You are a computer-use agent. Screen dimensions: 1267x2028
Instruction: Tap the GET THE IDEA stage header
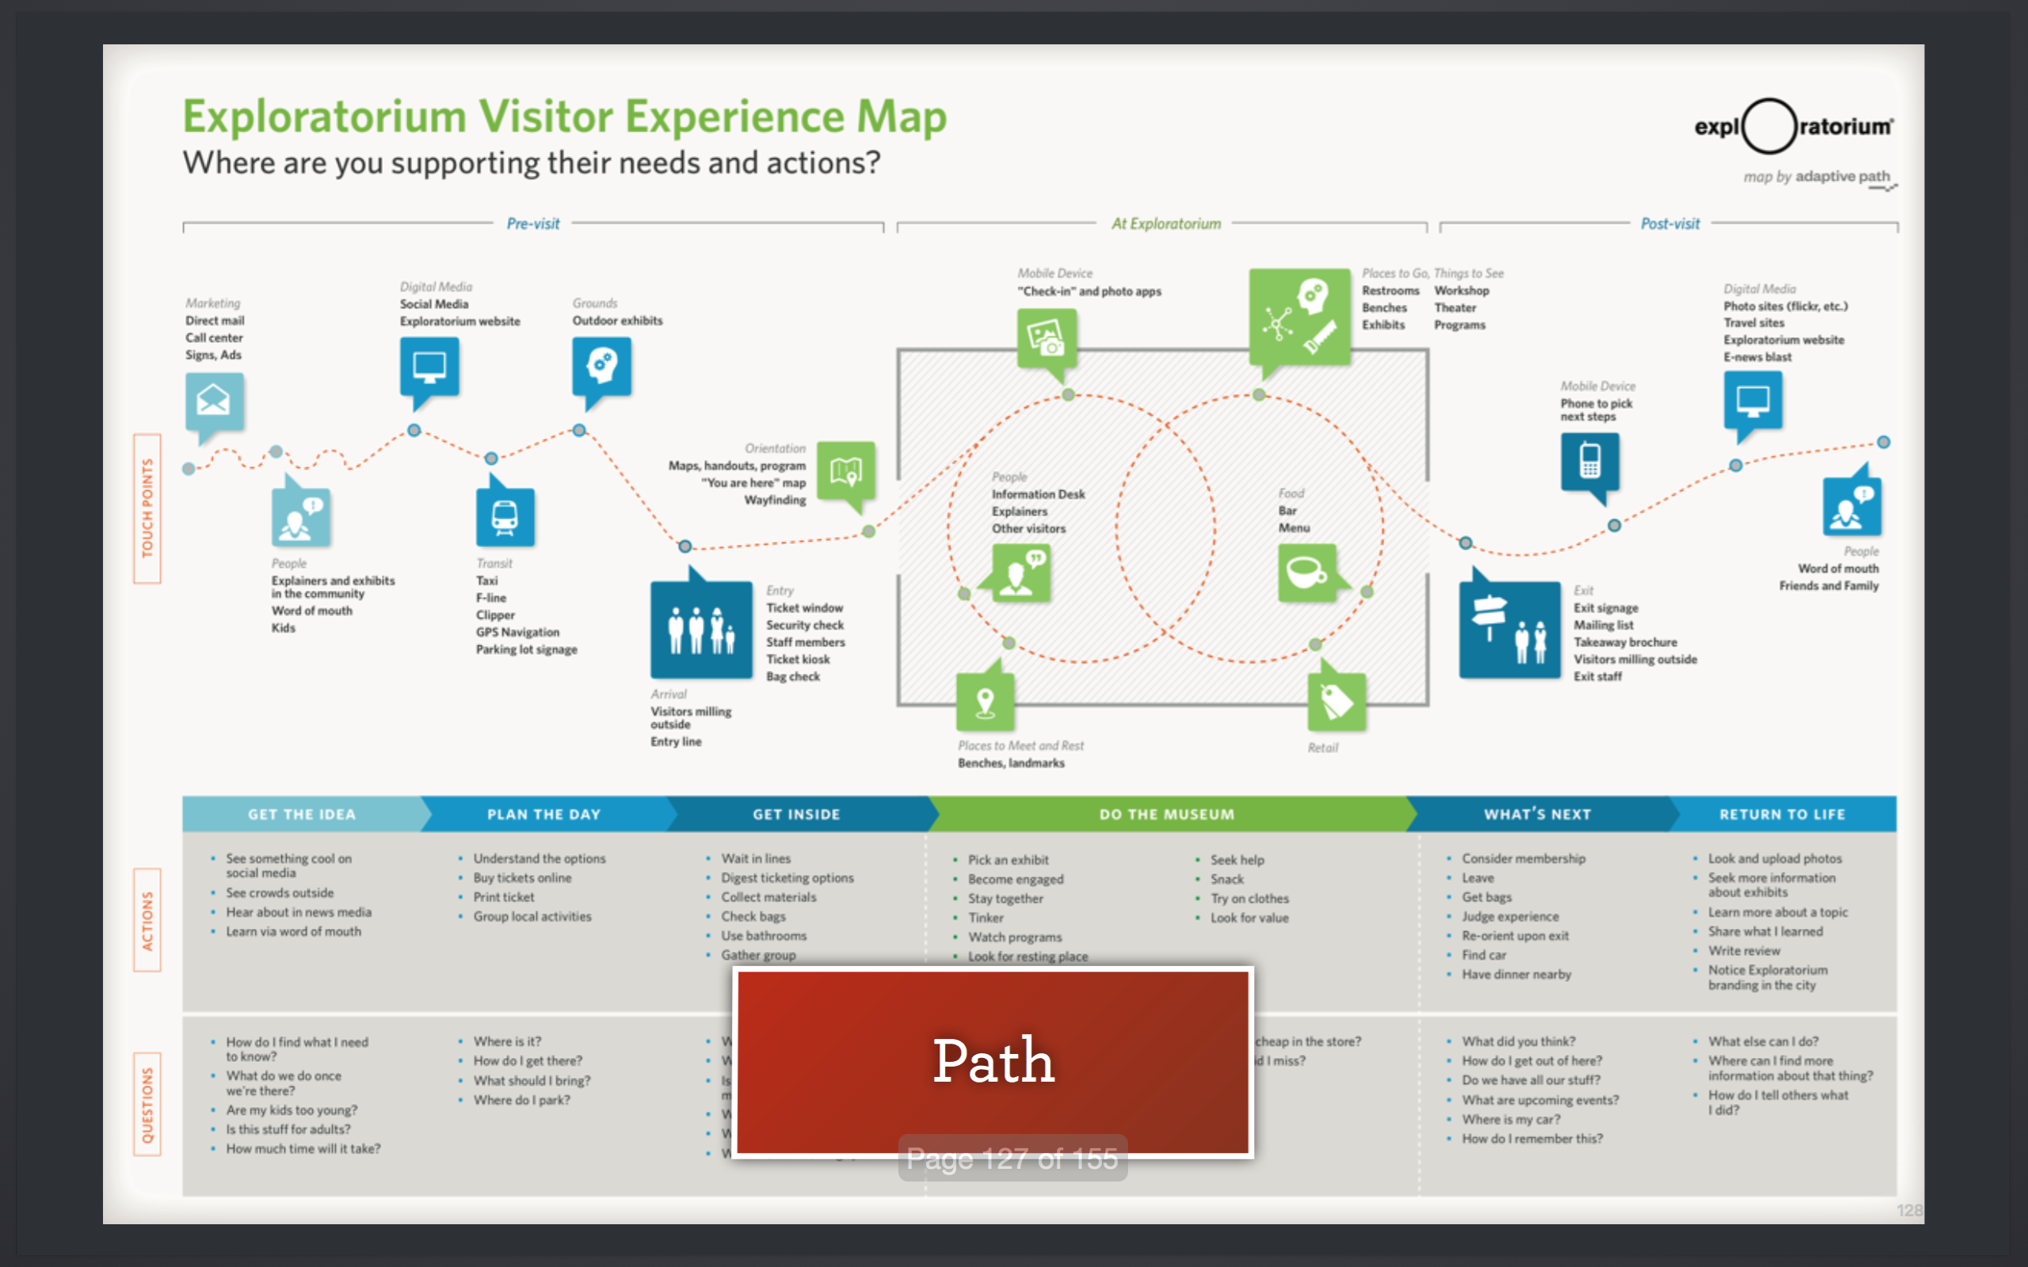click(302, 815)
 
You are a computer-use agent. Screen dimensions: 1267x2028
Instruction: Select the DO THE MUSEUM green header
click(1167, 815)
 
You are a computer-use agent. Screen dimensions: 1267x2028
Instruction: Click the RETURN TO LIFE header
click(1782, 815)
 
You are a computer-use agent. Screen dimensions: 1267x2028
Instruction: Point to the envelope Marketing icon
click(215, 402)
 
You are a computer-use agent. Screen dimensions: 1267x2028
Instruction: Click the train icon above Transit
click(505, 517)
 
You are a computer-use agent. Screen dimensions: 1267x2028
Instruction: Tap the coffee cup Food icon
click(1306, 573)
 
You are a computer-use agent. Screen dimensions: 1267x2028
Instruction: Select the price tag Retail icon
click(1336, 702)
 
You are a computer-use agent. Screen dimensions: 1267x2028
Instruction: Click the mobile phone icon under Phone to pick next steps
click(1590, 462)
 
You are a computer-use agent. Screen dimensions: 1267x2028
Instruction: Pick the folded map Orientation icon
click(845, 471)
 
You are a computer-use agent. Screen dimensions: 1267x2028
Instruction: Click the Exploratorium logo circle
click(1769, 127)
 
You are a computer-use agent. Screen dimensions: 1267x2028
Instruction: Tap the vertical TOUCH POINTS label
click(147, 508)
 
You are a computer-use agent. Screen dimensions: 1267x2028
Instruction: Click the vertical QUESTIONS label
click(147, 1105)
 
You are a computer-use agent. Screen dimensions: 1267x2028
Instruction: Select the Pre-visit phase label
click(533, 224)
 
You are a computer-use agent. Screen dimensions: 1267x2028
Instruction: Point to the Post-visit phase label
click(1669, 224)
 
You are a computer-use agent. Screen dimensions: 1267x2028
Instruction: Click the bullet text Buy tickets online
click(522, 878)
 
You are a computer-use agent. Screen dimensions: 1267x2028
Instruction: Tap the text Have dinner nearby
click(1516, 975)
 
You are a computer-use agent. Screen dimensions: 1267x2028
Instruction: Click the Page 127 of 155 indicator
click(1012, 1159)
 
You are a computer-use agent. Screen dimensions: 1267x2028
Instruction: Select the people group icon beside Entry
click(700, 630)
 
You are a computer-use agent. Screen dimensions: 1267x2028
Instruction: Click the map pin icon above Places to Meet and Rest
click(985, 702)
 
